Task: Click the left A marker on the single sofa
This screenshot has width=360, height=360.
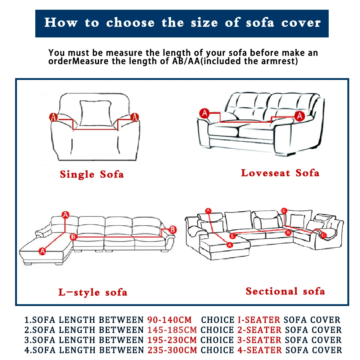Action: click(x=53, y=117)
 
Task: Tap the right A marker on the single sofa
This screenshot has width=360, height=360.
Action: click(x=135, y=117)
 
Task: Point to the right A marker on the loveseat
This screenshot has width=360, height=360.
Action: click(x=300, y=116)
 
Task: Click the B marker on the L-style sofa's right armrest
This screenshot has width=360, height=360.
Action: click(x=172, y=229)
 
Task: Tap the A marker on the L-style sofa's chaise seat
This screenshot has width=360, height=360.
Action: click(x=42, y=251)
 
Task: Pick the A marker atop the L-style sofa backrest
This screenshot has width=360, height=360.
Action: click(x=65, y=215)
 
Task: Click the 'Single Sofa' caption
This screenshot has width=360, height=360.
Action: click(x=92, y=175)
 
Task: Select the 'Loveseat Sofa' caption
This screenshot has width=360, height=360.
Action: click(x=280, y=173)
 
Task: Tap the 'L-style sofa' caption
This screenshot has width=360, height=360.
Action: click(x=93, y=292)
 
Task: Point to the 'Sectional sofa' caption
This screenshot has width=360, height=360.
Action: click(x=285, y=291)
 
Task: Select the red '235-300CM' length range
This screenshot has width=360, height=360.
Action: click(x=172, y=350)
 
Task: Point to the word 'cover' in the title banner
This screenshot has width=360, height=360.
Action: click(x=301, y=23)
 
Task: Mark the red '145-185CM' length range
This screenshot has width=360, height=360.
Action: click(x=172, y=330)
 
